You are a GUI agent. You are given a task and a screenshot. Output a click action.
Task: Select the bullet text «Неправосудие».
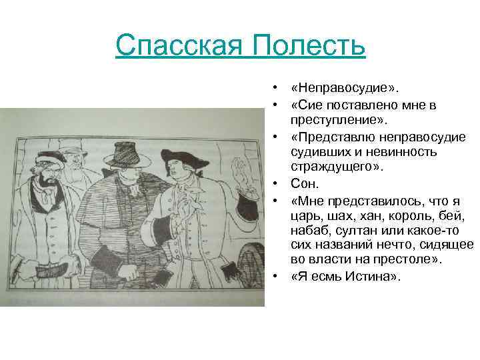pyautogui.click(x=339, y=89)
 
